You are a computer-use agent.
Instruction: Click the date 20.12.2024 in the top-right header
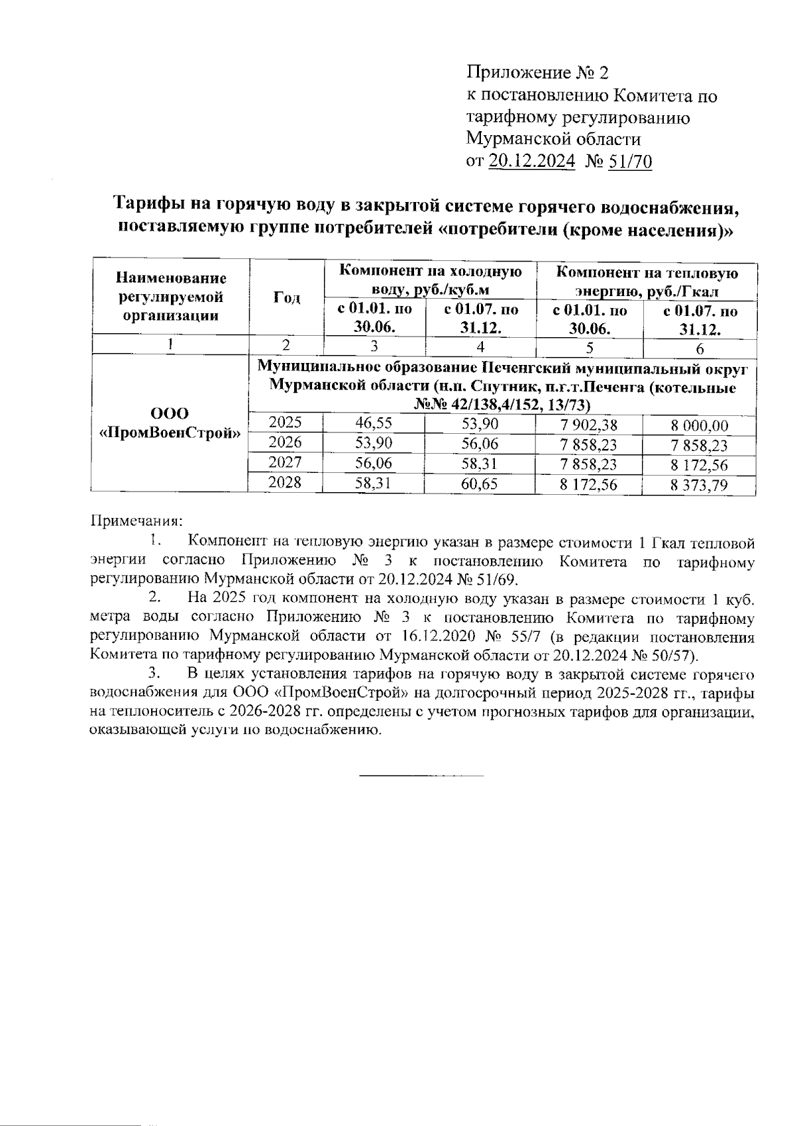(531, 161)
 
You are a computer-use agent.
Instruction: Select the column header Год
(286, 298)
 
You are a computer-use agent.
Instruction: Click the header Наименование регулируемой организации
(171, 297)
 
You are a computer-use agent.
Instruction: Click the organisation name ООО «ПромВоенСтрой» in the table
(170, 424)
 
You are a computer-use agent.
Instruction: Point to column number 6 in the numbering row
(700, 348)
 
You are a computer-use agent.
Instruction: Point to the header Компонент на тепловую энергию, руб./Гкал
(647, 281)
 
